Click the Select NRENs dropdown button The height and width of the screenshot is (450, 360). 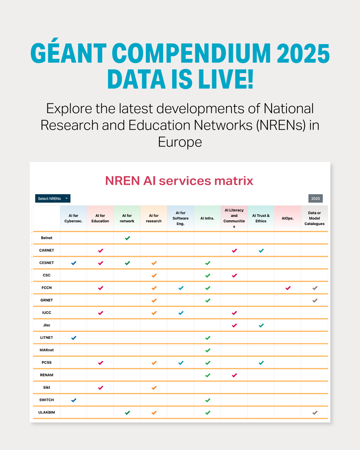tap(53, 198)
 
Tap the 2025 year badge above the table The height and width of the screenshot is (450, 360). tap(315, 198)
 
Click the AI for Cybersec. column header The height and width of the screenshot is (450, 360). tap(73, 218)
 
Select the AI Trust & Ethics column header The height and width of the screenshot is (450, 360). tap(261, 218)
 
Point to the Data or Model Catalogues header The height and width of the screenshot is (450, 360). tap(314, 218)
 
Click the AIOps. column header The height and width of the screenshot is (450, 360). tap(287, 218)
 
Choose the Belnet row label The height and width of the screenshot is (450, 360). tap(47, 238)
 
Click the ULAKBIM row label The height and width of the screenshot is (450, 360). tap(47, 412)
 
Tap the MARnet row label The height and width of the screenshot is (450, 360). tap(47, 350)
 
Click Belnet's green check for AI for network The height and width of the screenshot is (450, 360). tap(127, 238)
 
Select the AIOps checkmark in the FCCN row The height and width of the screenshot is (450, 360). tap(288, 288)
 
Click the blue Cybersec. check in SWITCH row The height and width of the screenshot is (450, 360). tap(74, 400)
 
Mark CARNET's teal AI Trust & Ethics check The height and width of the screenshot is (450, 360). tap(261, 251)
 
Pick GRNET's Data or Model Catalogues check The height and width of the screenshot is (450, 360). tap(315, 301)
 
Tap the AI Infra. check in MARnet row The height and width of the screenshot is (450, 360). tap(208, 350)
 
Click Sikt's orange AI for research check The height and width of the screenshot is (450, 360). tap(154, 388)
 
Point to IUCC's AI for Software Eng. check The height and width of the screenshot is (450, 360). tap(181, 313)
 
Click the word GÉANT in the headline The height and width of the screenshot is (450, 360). tap(68, 53)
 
